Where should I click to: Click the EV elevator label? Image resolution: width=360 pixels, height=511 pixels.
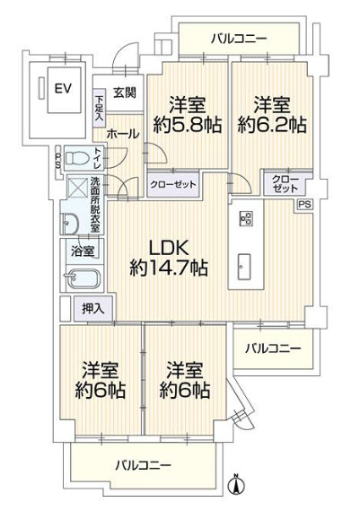point(63,88)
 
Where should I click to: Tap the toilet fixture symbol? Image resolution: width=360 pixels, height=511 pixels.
point(77,159)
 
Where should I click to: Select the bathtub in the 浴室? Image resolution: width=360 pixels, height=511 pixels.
point(83,278)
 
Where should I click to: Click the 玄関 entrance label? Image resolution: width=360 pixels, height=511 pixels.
point(125,93)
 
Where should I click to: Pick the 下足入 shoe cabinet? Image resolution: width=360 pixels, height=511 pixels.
point(100,108)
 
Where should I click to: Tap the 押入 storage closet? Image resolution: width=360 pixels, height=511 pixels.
point(93,308)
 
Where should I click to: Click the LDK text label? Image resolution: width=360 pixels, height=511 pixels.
point(169,249)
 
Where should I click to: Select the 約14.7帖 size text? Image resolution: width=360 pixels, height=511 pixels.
point(169,269)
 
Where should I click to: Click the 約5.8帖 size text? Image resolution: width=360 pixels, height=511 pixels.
point(188,125)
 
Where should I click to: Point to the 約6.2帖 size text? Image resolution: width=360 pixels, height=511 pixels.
point(272,125)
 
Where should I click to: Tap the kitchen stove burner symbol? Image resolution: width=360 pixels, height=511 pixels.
point(246,218)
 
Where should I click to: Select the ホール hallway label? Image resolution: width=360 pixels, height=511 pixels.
point(123,134)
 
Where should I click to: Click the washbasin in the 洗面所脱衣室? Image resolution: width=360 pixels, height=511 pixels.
point(69,224)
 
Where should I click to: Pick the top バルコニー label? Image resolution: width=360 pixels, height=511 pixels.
point(239,40)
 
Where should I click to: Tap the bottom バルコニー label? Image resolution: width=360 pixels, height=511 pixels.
point(144,464)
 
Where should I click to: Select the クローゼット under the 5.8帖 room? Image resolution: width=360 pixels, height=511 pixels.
point(173,185)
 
